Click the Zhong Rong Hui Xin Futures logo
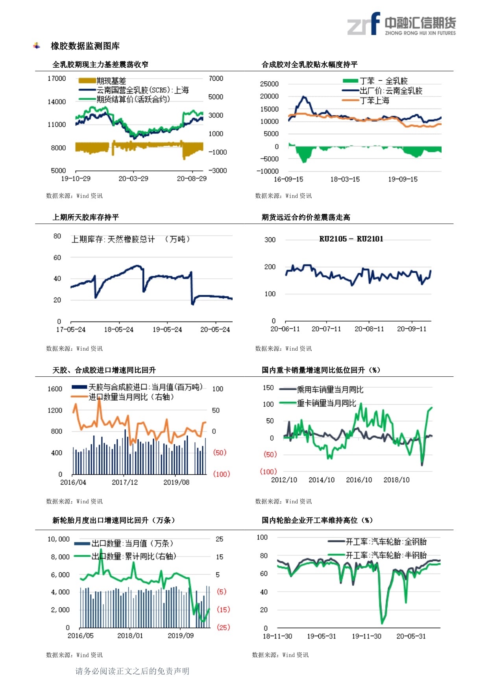coord(401,24)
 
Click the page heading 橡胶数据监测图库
coord(85,46)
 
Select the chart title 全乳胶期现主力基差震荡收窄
coord(100,65)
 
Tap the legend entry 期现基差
coord(111,81)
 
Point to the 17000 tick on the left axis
coord(57,79)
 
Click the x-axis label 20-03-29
coord(133,179)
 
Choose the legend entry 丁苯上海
coord(374,101)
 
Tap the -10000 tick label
coord(268,171)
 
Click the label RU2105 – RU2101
coord(351,239)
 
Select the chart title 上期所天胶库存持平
coord(86,217)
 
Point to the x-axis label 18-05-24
coord(119,329)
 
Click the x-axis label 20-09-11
coord(412,329)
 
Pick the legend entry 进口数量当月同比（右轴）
coord(131,397)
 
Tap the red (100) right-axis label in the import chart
coord(221,474)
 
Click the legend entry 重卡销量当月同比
coord(326,403)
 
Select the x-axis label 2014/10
coord(322,480)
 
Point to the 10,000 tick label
coord(59,539)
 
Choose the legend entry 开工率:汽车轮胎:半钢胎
coord(386,555)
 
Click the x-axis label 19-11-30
coord(366,636)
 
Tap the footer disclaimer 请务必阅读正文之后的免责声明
coord(132,671)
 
